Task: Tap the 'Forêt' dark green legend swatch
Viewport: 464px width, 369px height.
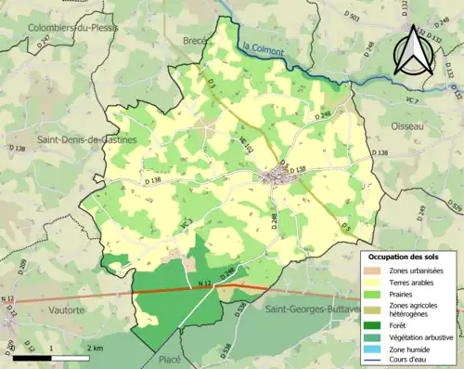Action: click(x=372, y=324)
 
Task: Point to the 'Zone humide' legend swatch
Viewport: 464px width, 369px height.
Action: click(x=372, y=350)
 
